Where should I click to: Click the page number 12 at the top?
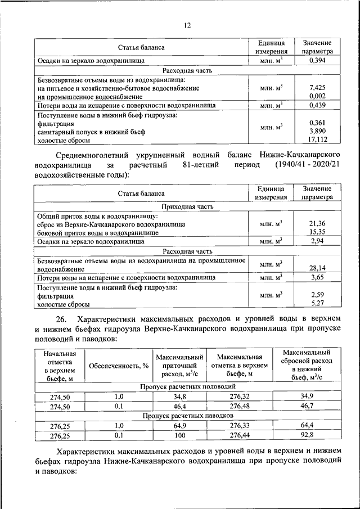(x=187, y=25)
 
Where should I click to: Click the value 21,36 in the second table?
(x=318, y=224)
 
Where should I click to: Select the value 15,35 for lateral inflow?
(x=318, y=232)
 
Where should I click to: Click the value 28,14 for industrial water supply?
(x=318, y=269)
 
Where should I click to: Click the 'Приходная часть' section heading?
(x=187, y=206)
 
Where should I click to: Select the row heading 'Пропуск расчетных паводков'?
(x=187, y=416)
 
